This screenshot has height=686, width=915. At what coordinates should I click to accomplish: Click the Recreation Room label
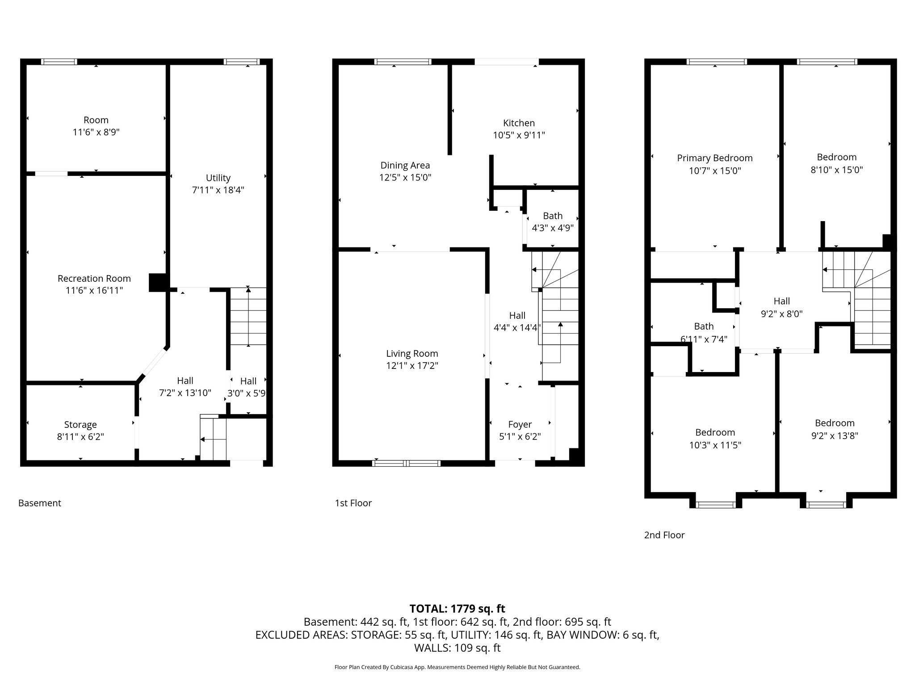coord(94,278)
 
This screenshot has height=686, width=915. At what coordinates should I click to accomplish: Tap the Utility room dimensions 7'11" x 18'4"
coord(218,190)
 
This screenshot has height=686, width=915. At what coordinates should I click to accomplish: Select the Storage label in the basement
coord(80,425)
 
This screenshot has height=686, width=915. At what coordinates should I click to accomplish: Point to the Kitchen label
coord(519,123)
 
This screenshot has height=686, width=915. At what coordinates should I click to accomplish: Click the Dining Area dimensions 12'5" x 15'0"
coord(405,177)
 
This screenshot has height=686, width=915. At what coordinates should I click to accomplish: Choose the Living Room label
coord(412,354)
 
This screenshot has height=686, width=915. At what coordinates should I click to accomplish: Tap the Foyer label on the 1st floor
coord(520,424)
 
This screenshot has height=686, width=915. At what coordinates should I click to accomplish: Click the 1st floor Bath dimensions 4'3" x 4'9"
coord(553,228)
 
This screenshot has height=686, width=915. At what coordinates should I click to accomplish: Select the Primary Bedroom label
coord(715,158)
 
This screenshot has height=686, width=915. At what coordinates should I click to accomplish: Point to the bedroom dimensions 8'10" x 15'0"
coord(837,170)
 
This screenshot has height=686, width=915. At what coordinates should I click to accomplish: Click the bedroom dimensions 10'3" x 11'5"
coord(715,445)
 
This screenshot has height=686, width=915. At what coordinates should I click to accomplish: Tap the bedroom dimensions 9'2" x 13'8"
coord(835,435)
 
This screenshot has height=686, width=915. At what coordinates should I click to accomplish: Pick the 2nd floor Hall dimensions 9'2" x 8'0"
coord(782,314)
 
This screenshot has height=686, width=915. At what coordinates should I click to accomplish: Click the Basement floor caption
coord(40,503)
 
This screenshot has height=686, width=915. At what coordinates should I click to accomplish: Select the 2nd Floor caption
coord(664,535)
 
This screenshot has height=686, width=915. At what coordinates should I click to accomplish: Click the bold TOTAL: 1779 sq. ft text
coord(457,608)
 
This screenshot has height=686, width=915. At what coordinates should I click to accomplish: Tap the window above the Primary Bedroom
coord(717,62)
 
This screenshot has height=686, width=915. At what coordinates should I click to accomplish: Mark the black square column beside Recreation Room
coord(158,282)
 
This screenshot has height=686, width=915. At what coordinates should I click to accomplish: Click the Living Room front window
coord(406,463)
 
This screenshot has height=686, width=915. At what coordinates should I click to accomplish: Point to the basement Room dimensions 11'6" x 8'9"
coord(96,132)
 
